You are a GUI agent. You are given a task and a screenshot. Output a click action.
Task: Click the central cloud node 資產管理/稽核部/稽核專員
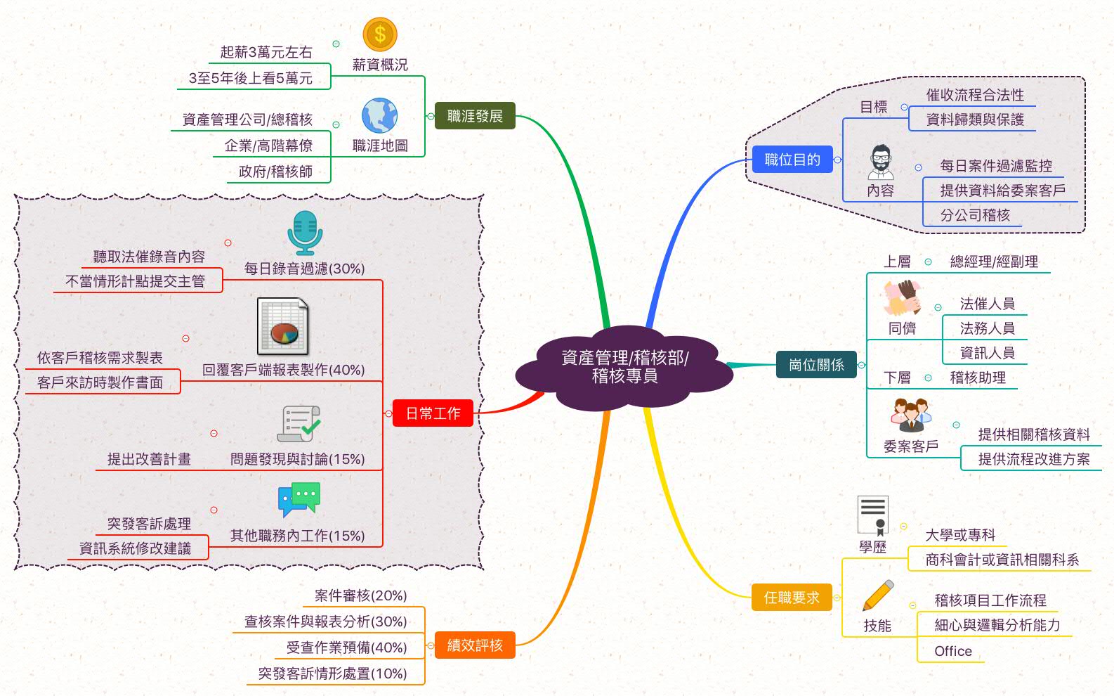pyautogui.click(x=624, y=367)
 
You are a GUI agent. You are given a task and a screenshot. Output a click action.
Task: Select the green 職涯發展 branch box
pyautogui.click(x=475, y=116)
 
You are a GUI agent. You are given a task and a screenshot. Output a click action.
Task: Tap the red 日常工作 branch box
pyautogui.click(x=433, y=413)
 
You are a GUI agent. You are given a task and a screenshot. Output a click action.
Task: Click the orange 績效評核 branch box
pyautogui.click(x=475, y=645)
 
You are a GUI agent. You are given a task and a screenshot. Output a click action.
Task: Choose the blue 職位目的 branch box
pyautogui.click(x=792, y=160)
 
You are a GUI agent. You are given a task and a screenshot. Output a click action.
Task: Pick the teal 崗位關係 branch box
pyautogui.click(x=816, y=365)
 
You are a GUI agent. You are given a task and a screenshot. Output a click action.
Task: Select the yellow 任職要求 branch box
pyautogui.click(x=792, y=598)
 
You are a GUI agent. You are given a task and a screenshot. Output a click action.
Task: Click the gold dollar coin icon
pyautogui.click(x=380, y=34)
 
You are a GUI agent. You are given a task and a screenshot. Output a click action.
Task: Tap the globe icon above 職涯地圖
pyautogui.click(x=380, y=115)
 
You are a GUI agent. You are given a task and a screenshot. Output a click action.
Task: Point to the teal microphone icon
pyautogui.click(x=305, y=233)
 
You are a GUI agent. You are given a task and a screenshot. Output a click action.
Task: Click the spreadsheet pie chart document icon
pyautogui.click(x=283, y=327)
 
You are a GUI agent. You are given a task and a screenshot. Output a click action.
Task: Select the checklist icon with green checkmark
pyautogui.click(x=299, y=424)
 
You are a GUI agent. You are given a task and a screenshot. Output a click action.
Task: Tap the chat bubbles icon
pyautogui.click(x=299, y=499)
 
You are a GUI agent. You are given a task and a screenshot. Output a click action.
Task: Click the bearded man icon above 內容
pyautogui.click(x=881, y=163)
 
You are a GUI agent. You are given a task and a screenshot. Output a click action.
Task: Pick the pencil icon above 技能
pyautogui.click(x=878, y=595)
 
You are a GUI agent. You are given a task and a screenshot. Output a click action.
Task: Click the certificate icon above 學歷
pyautogui.click(x=873, y=515)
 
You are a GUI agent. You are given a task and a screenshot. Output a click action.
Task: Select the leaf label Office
pyautogui.click(x=953, y=651)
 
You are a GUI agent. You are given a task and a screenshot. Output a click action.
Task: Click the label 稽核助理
pyautogui.click(x=978, y=378)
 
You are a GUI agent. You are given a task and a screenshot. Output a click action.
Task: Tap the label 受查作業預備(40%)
pyautogui.click(x=346, y=647)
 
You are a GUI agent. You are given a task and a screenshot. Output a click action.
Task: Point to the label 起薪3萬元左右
pyautogui.click(x=266, y=52)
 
